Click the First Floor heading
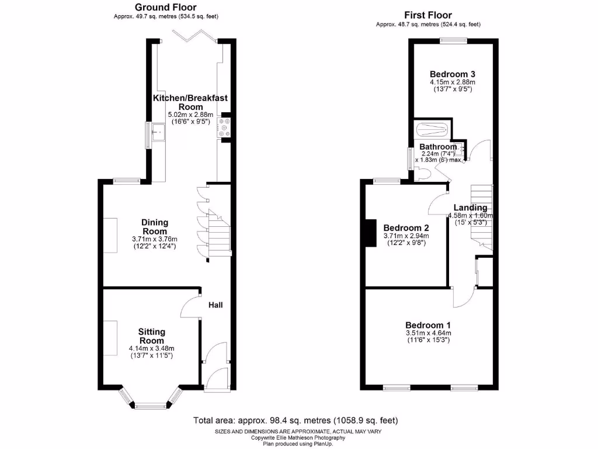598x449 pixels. point(428,15)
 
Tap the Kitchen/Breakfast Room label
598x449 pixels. point(190,102)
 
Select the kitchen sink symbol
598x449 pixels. point(158,132)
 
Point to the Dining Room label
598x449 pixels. point(155,226)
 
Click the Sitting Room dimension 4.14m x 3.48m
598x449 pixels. point(151,349)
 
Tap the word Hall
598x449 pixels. point(215,305)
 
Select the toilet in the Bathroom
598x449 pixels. point(423,173)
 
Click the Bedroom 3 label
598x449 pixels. point(452,74)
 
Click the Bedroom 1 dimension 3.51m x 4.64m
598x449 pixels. point(428,333)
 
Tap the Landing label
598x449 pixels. point(471,208)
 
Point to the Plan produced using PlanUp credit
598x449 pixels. point(298,444)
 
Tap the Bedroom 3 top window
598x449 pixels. point(453,40)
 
